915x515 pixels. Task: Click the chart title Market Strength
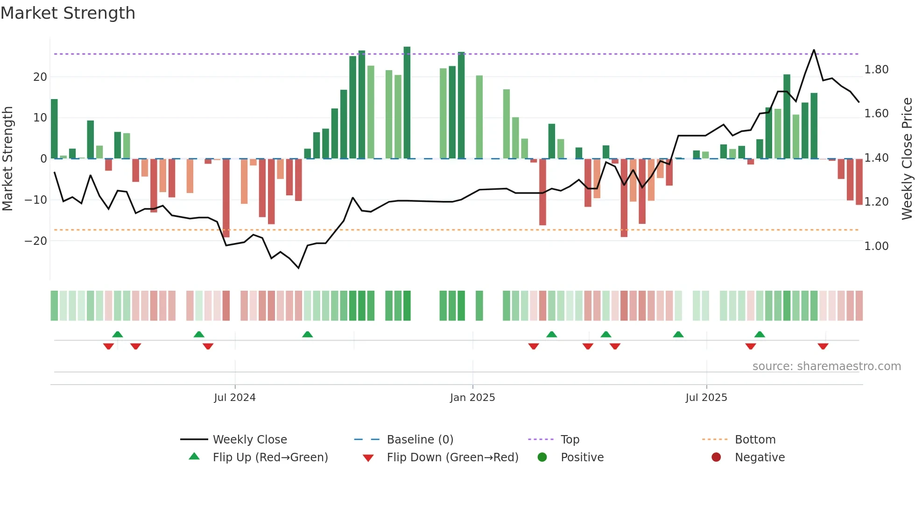[68, 13]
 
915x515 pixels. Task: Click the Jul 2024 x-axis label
[235, 398]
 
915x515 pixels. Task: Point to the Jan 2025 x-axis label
[472, 398]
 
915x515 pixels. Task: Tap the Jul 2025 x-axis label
[706, 398]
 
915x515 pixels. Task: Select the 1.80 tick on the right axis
[876, 70]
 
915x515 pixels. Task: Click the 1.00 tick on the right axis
[876, 246]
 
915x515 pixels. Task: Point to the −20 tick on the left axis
[36, 241]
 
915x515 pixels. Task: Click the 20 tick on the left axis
[40, 77]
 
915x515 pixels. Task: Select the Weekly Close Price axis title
[907, 159]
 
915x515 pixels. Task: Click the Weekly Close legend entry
[250, 440]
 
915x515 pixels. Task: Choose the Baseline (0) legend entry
[420, 440]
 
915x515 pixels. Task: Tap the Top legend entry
[570, 440]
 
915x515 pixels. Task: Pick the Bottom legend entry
[755, 440]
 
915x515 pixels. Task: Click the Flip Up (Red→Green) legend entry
[270, 458]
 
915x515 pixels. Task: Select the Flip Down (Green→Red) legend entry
[452, 458]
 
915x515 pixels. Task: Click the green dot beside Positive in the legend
[542, 458]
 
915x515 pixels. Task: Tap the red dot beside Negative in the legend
[716, 458]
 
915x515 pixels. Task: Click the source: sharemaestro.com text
[826, 366]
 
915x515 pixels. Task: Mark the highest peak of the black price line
[814, 50]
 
